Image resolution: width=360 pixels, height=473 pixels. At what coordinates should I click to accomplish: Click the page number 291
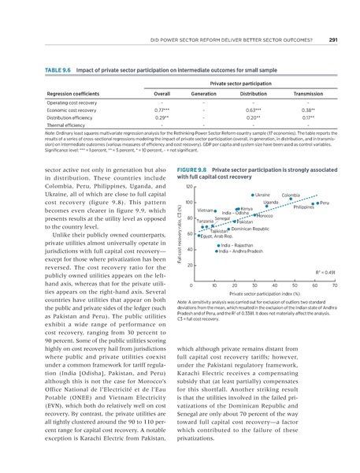[334, 40]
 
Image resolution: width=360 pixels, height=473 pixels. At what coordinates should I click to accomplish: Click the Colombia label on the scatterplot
[291, 195]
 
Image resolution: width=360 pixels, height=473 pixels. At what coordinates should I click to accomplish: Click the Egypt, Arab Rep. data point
[199, 236]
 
